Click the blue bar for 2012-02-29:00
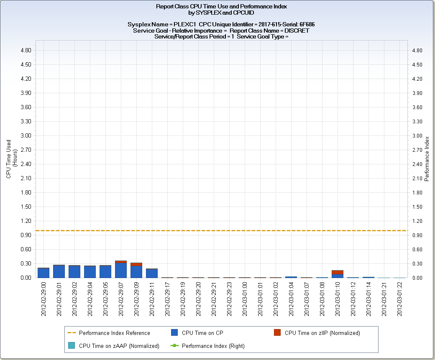pos(43,273)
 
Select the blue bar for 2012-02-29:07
pos(121,271)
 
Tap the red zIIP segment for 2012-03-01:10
pos(338,272)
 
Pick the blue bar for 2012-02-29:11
pos(152,273)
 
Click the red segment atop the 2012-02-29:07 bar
pos(121,262)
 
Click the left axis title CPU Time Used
pos(8,159)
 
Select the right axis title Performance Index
pos(427,159)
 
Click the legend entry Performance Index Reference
pos(114,333)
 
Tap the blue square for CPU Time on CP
pos(175,333)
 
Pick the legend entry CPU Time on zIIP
pos(322,333)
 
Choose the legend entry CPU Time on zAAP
pos(119,346)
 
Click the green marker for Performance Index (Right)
pos(175,346)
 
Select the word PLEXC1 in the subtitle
pos(186,25)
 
